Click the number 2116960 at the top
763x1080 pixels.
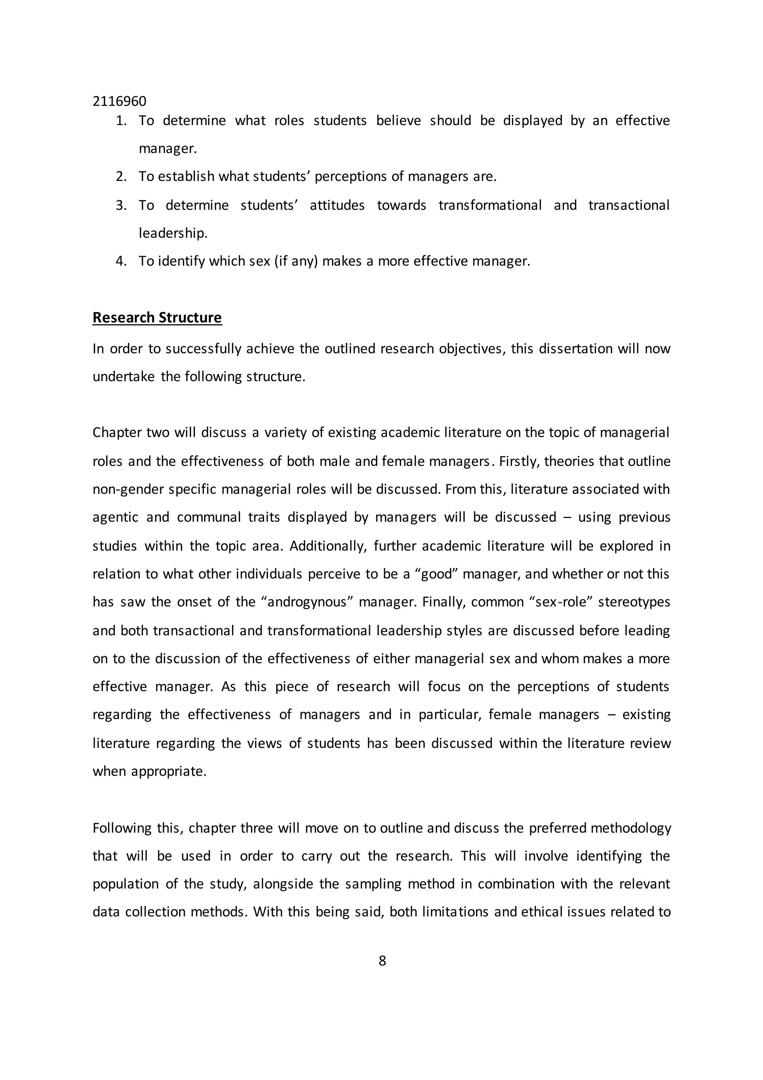119,101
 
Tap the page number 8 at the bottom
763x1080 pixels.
382,960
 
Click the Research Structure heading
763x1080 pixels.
157,318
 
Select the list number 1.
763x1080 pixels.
121,121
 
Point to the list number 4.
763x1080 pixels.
121,261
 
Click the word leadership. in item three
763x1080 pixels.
173,233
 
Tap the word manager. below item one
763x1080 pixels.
168,149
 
